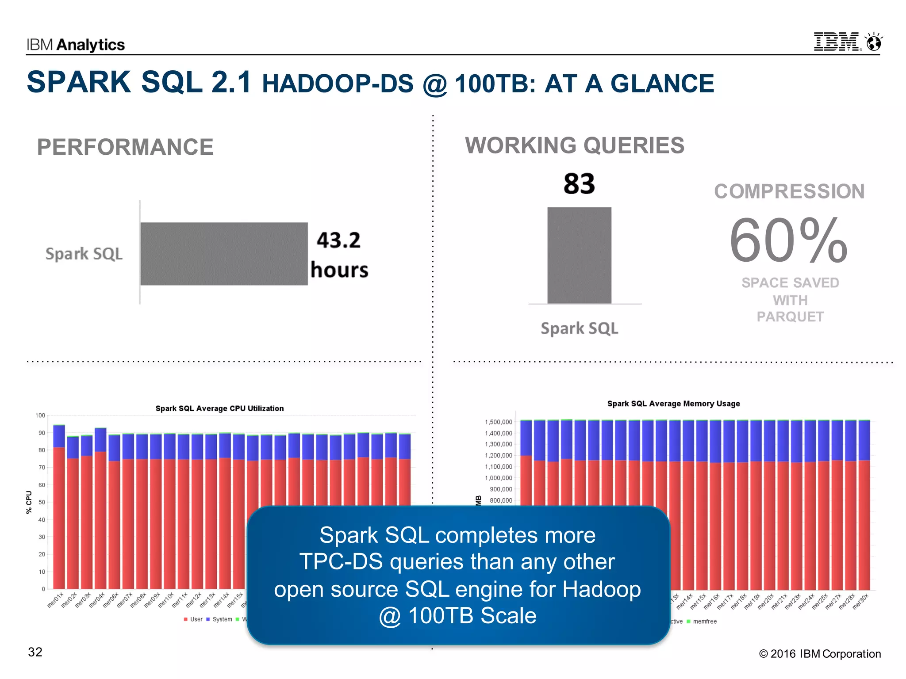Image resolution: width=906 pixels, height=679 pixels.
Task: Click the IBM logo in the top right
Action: tap(837, 42)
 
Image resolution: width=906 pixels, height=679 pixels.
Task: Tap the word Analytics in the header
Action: tap(91, 45)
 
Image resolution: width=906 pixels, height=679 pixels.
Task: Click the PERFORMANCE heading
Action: tap(125, 147)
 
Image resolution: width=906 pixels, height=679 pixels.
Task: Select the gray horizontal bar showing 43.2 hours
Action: tap(224, 254)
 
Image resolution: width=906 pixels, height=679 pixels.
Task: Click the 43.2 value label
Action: tap(338, 240)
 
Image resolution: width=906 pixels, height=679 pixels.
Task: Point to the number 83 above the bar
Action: tap(579, 184)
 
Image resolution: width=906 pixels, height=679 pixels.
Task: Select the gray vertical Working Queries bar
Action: tap(579, 256)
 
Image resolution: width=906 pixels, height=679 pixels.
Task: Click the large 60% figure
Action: tap(789, 241)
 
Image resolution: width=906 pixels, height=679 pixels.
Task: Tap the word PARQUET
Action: tap(790, 317)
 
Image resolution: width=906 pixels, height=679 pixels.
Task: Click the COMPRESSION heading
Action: tap(789, 191)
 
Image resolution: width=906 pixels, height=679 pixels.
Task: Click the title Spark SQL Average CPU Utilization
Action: tap(219, 408)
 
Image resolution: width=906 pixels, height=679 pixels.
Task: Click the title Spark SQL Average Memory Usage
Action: tap(673, 404)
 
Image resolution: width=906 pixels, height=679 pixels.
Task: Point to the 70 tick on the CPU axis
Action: tap(42, 467)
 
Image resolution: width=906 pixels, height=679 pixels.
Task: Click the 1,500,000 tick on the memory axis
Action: tap(499, 422)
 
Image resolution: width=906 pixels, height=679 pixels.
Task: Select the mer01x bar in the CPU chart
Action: tap(59, 508)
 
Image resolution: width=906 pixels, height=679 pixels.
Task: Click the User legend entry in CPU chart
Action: tap(193, 619)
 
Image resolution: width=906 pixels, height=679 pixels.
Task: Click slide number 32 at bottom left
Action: tap(35, 652)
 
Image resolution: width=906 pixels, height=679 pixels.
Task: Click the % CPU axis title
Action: tap(29, 502)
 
